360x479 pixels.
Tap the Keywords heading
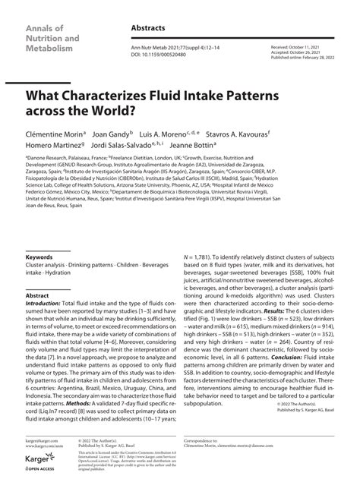tap(39, 257)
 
